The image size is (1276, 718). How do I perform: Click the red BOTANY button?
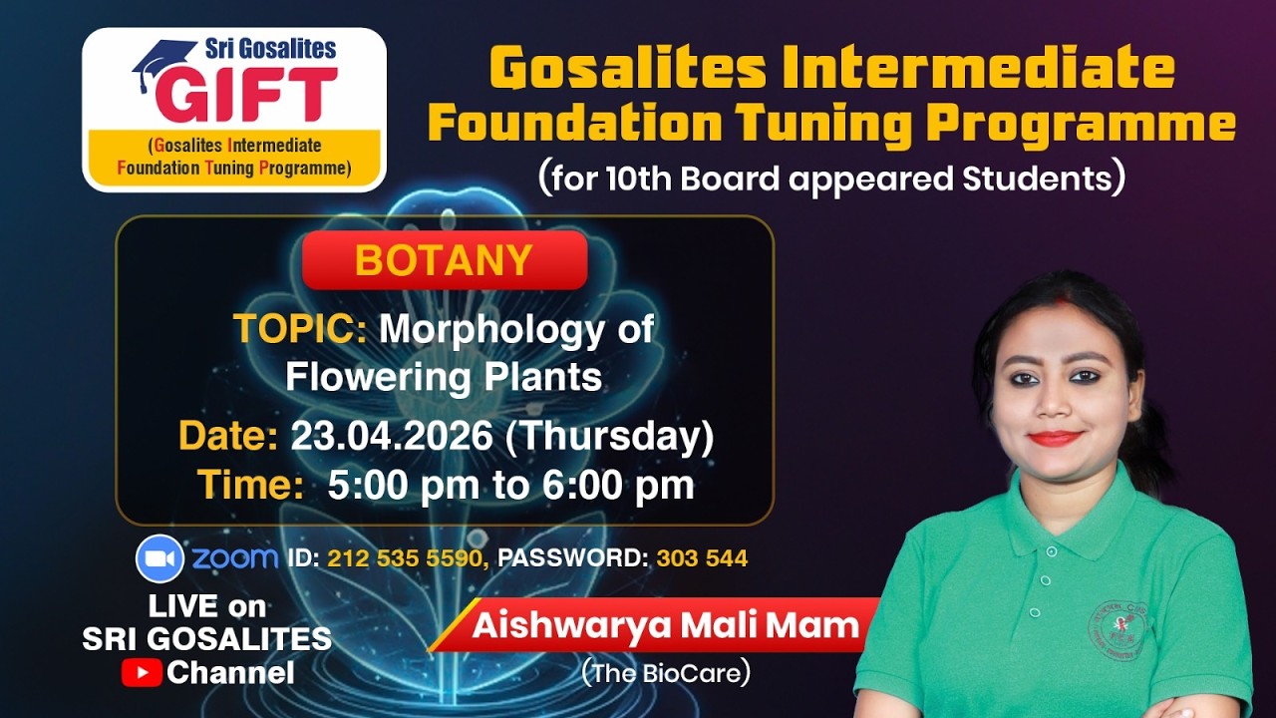(x=444, y=260)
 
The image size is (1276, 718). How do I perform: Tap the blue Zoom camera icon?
(x=159, y=558)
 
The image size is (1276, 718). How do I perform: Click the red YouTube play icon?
(x=142, y=673)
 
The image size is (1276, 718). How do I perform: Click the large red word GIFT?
(x=245, y=95)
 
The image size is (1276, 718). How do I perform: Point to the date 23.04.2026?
(x=391, y=437)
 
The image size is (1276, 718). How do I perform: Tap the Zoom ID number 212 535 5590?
(x=407, y=558)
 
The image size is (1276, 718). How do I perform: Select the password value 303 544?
(x=701, y=558)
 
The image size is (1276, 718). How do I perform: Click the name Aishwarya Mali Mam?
(x=665, y=625)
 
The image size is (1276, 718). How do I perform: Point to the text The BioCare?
(x=665, y=673)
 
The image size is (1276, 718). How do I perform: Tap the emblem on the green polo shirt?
(x=1117, y=623)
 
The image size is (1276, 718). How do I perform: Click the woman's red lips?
(x=1055, y=438)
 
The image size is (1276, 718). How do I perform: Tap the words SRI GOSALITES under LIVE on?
(x=207, y=639)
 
